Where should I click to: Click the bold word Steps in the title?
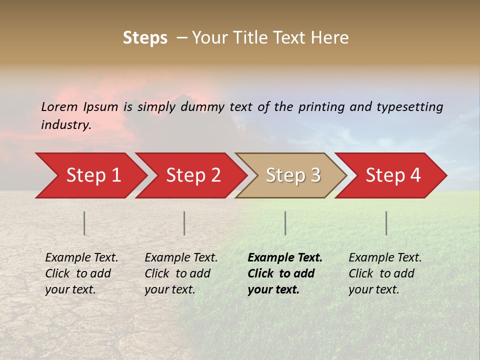point(145,38)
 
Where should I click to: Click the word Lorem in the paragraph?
point(59,107)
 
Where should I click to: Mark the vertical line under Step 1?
point(84,223)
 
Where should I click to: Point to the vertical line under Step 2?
point(184,223)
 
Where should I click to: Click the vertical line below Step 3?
point(285,223)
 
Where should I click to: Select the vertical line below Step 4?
point(386,223)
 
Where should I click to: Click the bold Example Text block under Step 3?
point(285,273)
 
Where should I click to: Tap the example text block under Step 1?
point(81,273)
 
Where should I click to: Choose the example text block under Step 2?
point(181,273)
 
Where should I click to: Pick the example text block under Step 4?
point(385,273)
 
